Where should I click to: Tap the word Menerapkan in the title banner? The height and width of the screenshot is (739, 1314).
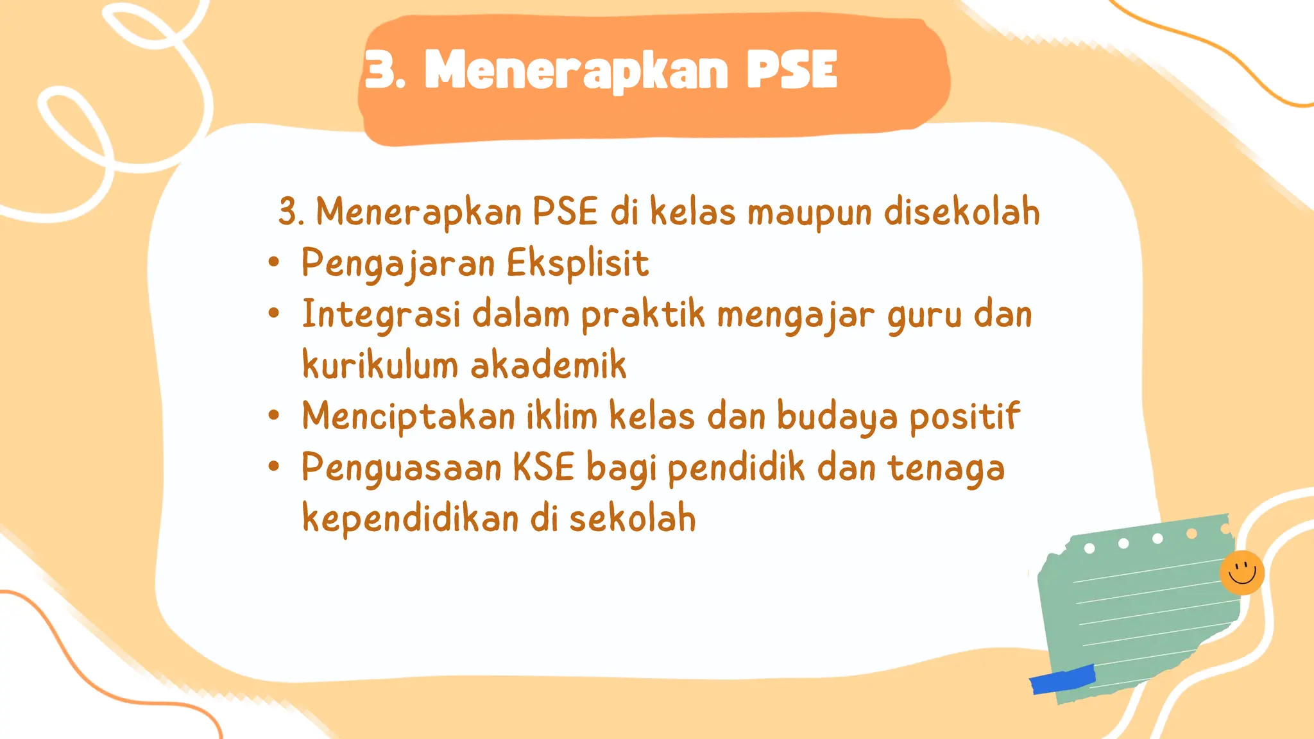[x=576, y=71]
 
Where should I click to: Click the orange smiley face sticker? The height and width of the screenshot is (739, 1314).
[x=1241, y=572]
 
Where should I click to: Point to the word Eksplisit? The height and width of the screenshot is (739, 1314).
[x=577, y=263]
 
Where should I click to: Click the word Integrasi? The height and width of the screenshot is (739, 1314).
[x=381, y=314]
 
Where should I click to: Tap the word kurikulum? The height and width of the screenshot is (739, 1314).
[x=379, y=365]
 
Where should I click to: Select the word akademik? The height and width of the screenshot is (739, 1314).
[x=548, y=365]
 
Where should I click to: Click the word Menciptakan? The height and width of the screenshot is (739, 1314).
[x=408, y=416]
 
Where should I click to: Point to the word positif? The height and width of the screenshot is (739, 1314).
[x=964, y=416]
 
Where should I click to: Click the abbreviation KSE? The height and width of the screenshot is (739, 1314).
[x=543, y=467]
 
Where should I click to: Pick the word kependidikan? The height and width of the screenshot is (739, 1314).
[x=410, y=518]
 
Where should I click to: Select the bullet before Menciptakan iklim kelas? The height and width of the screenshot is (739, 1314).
[x=274, y=415]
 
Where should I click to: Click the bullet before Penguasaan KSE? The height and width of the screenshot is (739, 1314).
[x=274, y=466]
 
